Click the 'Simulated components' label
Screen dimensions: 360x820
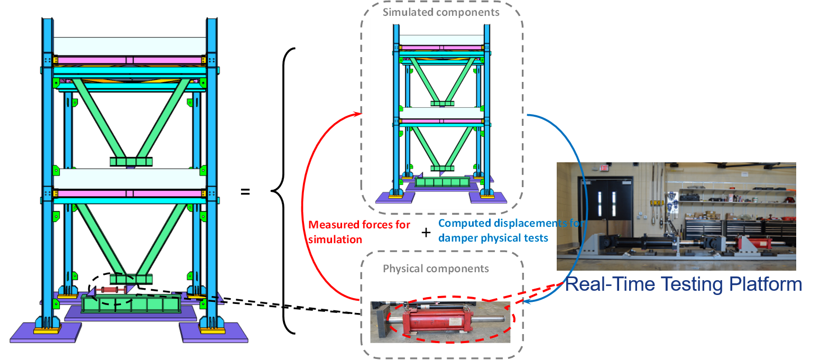tap(441, 12)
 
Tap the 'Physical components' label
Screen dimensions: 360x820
tap(436, 269)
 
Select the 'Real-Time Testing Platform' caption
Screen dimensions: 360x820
tap(684, 284)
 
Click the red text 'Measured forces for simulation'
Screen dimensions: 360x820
tap(359, 232)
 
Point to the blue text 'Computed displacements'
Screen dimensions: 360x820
tap(486, 224)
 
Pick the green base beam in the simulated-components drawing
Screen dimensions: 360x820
tap(442, 182)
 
